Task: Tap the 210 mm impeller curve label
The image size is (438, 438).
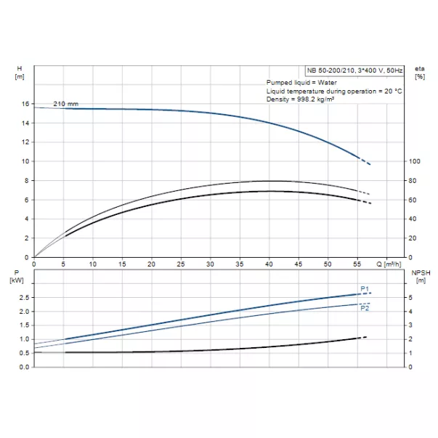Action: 65,104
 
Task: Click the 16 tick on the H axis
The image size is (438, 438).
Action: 25,104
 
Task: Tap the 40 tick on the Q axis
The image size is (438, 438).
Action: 269,264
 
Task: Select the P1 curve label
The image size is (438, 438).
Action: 365,288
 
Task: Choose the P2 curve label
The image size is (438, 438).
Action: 365,309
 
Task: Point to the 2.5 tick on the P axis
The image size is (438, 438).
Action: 24,298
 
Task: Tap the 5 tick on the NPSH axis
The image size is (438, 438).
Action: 410,298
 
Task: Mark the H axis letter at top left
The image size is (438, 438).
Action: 19,68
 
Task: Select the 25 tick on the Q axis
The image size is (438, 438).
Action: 181,264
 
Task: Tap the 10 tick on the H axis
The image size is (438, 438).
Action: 25,161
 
